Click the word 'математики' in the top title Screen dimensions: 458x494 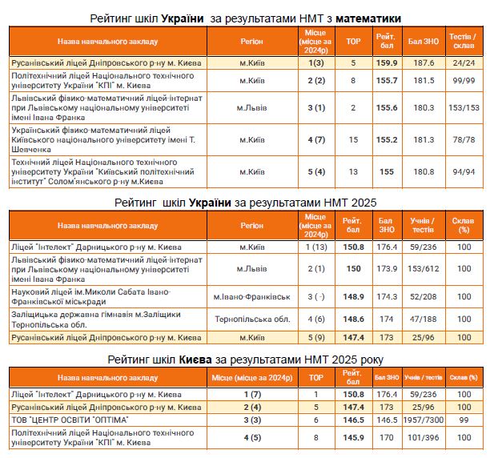(368, 18)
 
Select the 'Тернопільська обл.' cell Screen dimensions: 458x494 (251, 318)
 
